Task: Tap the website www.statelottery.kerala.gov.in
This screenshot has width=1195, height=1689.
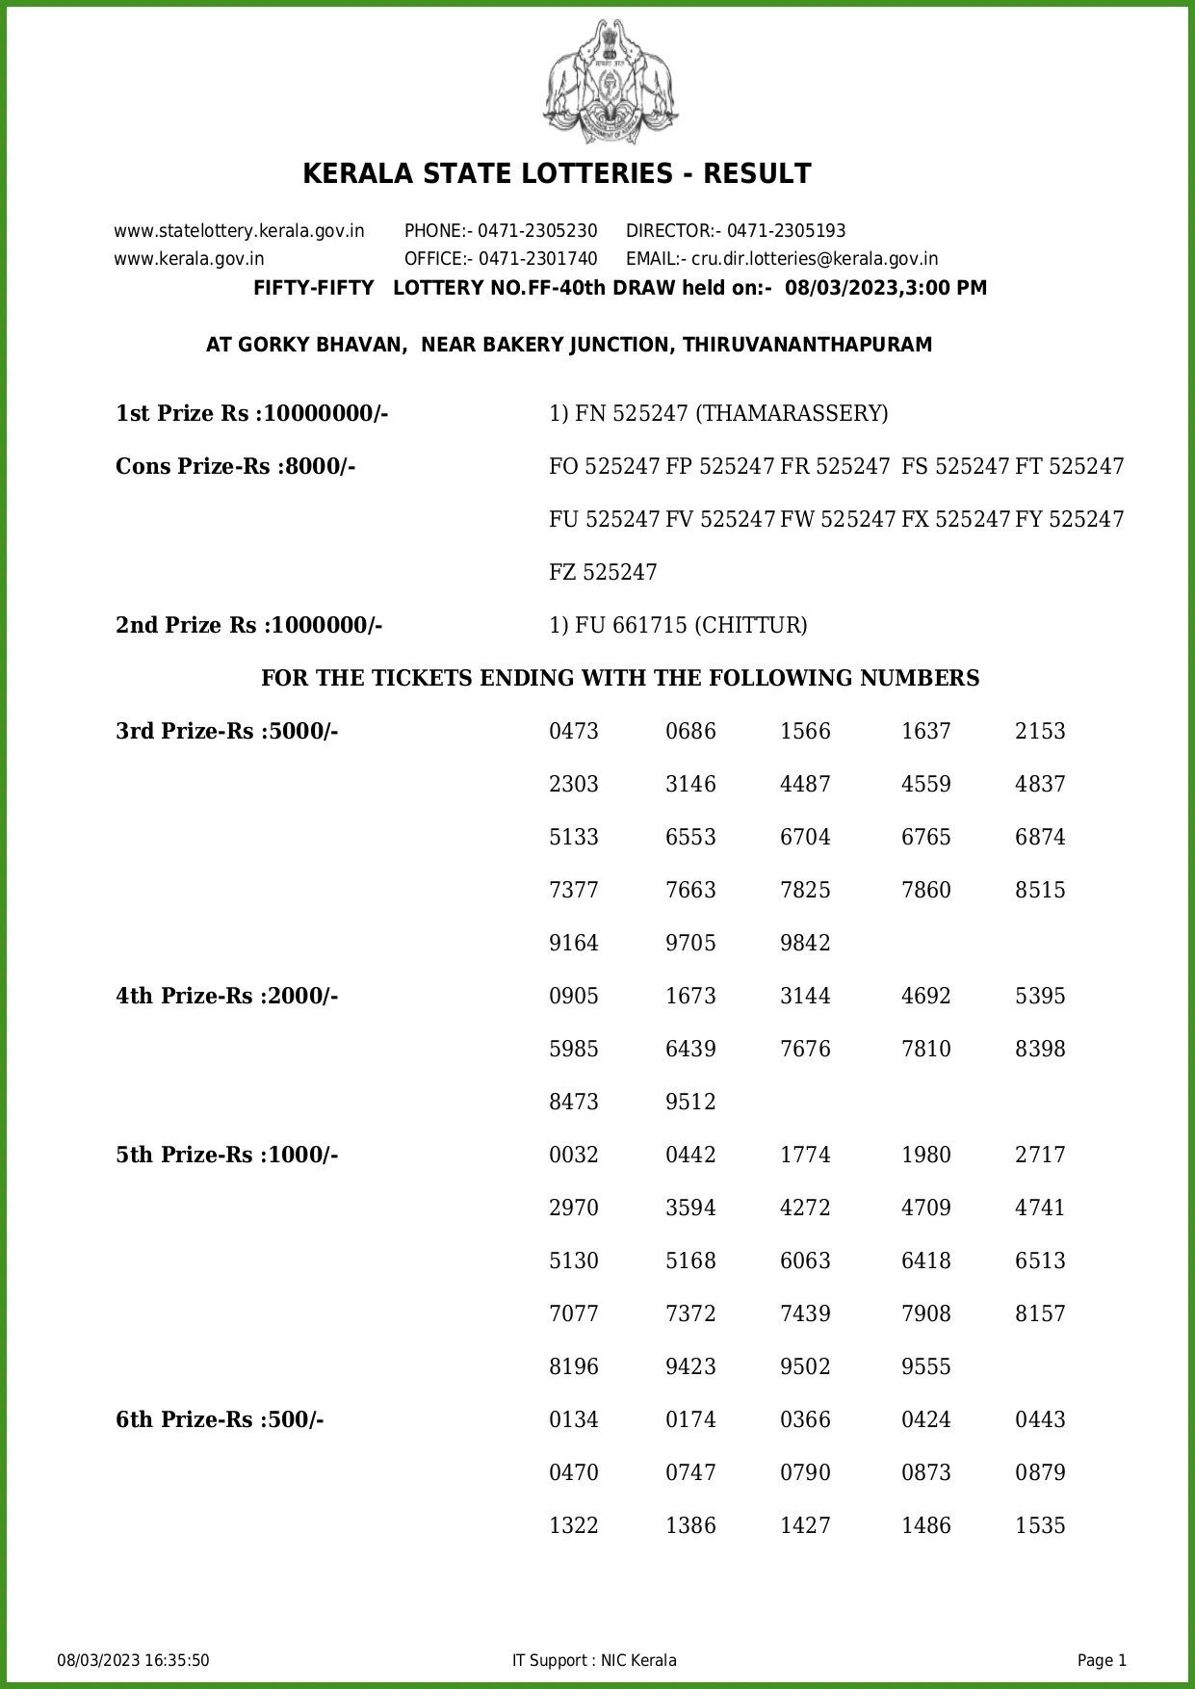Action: point(239,231)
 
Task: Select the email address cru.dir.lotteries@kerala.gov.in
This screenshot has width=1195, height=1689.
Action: point(815,259)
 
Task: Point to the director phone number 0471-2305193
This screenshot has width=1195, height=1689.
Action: point(786,231)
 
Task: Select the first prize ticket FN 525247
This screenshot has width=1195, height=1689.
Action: point(631,414)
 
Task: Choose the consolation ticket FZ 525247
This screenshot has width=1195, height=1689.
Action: point(603,573)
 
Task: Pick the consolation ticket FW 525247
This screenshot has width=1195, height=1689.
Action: point(838,520)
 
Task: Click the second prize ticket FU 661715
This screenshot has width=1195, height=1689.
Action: point(631,626)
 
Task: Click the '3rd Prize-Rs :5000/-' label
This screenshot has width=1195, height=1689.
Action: point(227,732)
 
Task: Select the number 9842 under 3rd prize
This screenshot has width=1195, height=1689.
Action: point(805,944)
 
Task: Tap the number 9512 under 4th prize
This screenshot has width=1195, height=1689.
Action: point(690,1103)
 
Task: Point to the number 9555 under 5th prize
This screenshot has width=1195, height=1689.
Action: point(925,1367)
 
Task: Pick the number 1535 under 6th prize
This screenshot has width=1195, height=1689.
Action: point(1040,1526)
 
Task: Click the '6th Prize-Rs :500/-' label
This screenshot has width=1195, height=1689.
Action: point(220,1420)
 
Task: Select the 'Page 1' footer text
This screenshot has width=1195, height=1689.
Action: point(1102,1660)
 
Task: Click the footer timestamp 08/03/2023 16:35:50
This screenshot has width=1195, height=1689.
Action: point(133,1660)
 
